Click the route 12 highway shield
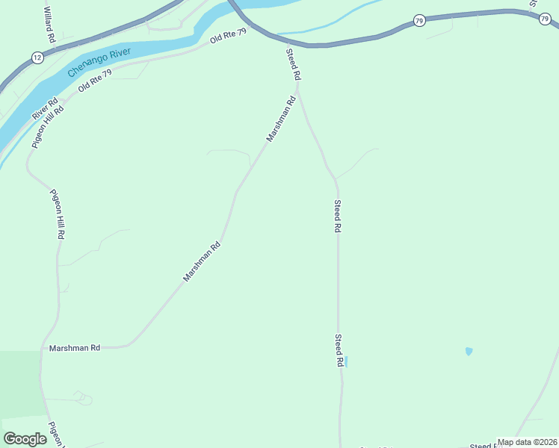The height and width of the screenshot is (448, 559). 37,57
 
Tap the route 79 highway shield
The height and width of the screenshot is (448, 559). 419,20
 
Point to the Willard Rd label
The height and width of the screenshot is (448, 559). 48,25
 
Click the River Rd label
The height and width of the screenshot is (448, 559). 45,110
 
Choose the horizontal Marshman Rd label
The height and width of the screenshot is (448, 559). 75,348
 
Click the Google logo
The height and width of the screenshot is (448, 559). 25,439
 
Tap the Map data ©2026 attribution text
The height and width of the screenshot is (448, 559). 528,442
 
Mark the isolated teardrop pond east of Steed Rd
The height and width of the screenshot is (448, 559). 469,351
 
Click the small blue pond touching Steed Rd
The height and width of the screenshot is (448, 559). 346,361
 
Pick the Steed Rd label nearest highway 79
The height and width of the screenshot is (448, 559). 293,64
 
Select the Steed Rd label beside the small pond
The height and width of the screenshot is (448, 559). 339,350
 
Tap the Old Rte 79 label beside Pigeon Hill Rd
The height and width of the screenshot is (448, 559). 95,80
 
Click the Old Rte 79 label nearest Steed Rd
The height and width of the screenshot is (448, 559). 228,36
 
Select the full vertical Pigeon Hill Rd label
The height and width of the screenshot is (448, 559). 58,214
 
